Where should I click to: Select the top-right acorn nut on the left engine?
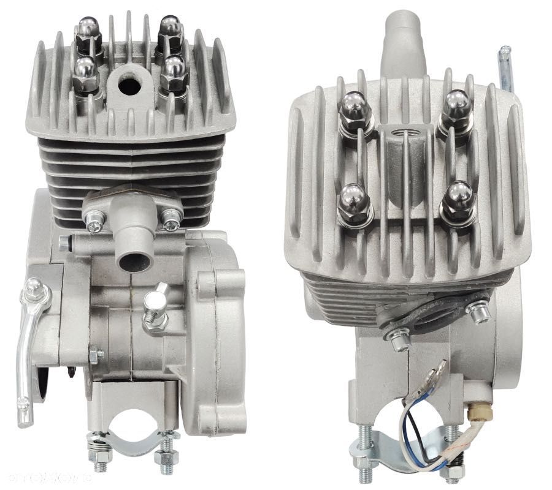pos(169,31)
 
